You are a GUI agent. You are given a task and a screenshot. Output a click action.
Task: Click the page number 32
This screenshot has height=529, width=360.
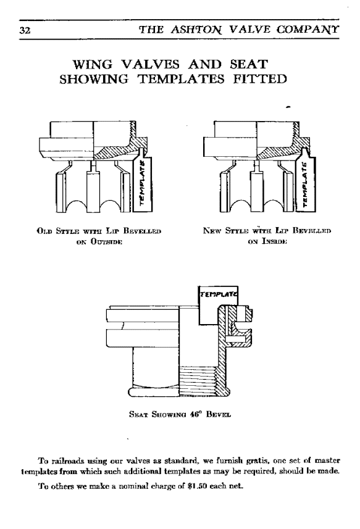(25, 30)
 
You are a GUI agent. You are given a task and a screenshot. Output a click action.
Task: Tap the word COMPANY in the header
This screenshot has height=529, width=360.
(308, 30)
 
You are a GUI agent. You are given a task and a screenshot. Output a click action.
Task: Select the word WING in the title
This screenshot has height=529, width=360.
(93, 64)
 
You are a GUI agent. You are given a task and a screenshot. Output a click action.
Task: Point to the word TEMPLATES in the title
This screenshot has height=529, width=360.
(181, 79)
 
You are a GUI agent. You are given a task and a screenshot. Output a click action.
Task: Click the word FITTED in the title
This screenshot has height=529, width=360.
(260, 79)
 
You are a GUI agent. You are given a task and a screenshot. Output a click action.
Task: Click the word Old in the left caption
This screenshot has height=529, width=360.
(44, 231)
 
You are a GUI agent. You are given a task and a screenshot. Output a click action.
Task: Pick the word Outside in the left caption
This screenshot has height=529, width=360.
(106, 241)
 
